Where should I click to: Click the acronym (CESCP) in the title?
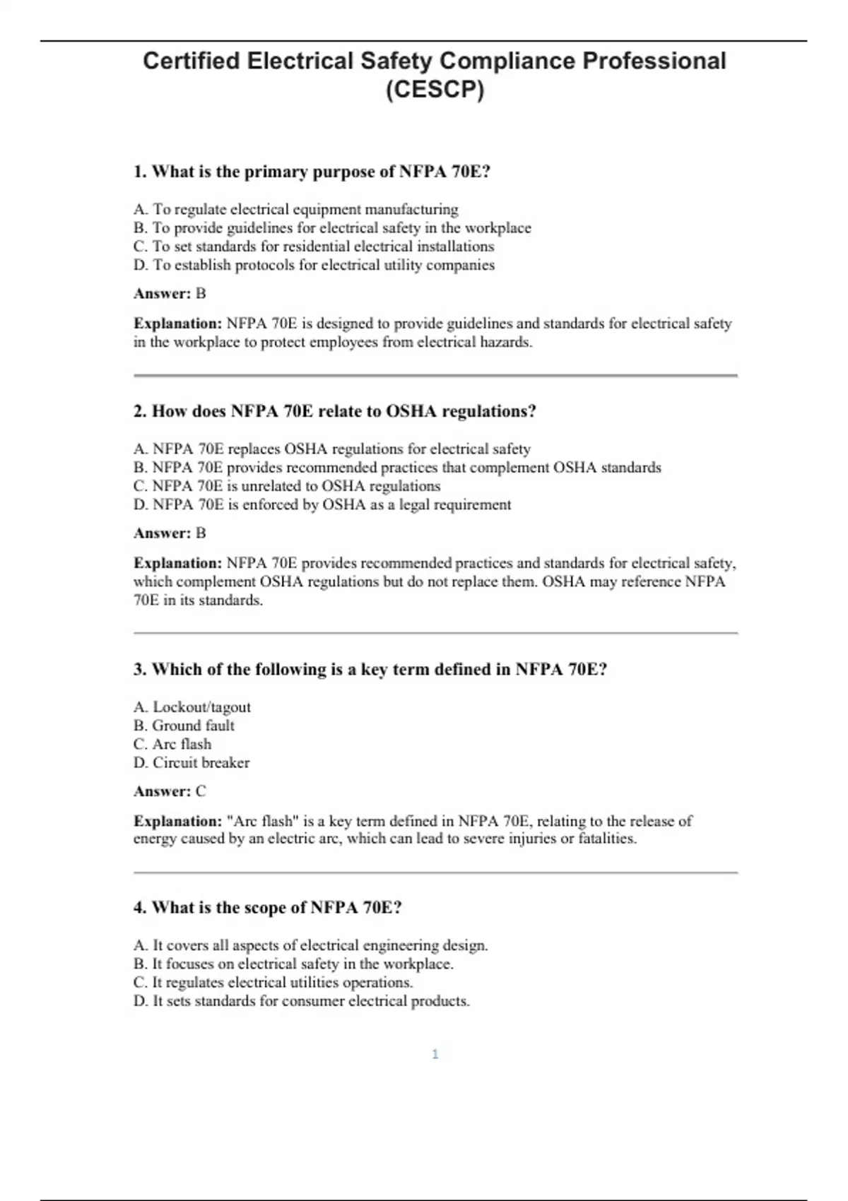click(435, 90)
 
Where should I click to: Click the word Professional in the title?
click(654, 61)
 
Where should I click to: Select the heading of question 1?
click(312, 172)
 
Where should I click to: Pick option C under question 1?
click(314, 247)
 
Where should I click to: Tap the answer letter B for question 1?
click(201, 293)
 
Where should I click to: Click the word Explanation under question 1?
click(177, 324)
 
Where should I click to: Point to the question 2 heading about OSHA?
click(334, 411)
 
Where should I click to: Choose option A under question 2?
click(331, 449)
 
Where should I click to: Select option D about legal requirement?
click(322, 504)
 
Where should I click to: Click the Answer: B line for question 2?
click(170, 533)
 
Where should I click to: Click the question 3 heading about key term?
click(370, 669)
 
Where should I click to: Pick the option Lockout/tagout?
click(192, 707)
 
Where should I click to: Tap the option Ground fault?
click(184, 726)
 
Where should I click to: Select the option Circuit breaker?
click(192, 763)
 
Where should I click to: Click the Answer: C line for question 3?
click(170, 791)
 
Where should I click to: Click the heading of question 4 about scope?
click(267, 907)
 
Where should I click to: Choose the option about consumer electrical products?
click(301, 1001)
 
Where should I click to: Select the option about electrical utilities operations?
click(273, 982)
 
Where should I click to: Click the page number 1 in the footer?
click(435, 1054)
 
